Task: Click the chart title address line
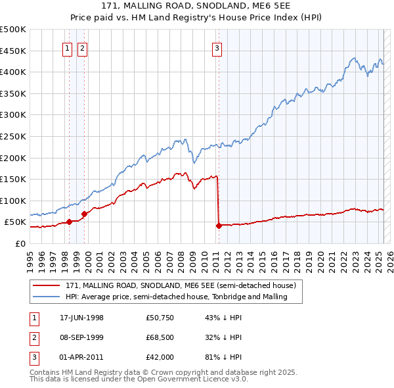(x=196, y=5)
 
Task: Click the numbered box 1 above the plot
(x=68, y=47)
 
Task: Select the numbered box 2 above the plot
(x=82, y=47)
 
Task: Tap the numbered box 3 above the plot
(x=217, y=47)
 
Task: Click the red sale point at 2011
(x=218, y=226)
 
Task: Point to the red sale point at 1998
(x=69, y=222)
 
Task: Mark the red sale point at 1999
(x=84, y=214)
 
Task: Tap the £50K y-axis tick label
(x=16, y=222)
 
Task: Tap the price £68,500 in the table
(x=160, y=337)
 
